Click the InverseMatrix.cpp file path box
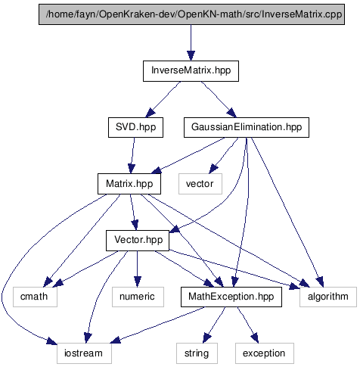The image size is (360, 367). [x=191, y=14]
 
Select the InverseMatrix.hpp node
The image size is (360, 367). [x=191, y=71]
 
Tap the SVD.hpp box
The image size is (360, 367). [x=135, y=127]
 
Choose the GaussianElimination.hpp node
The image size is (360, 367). [x=247, y=127]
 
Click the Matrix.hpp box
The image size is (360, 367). [x=129, y=184]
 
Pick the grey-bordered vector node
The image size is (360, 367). [x=200, y=184]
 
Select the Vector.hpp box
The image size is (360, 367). [x=138, y=241]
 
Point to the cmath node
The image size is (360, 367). [x=35, y=297]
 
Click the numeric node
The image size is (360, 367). [x=138, y=297]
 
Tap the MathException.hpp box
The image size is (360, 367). [x=231, y=297]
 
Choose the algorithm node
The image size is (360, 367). [x=328, y=297]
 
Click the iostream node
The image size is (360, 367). [x=84, y=353]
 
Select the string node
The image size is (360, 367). [x=197, y=353]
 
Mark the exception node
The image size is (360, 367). [x=265, y=353]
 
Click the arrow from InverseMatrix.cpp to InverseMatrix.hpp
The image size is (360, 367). [x=191, y=42]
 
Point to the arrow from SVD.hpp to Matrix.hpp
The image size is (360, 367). [x=132, y=155]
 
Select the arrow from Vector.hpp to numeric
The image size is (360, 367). [x=137, y=269]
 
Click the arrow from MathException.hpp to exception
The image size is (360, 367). [x=248, y=325]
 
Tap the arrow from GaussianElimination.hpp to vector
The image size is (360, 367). [x=223, y=155]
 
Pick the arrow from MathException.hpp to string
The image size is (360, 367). [x=214, y=325]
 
